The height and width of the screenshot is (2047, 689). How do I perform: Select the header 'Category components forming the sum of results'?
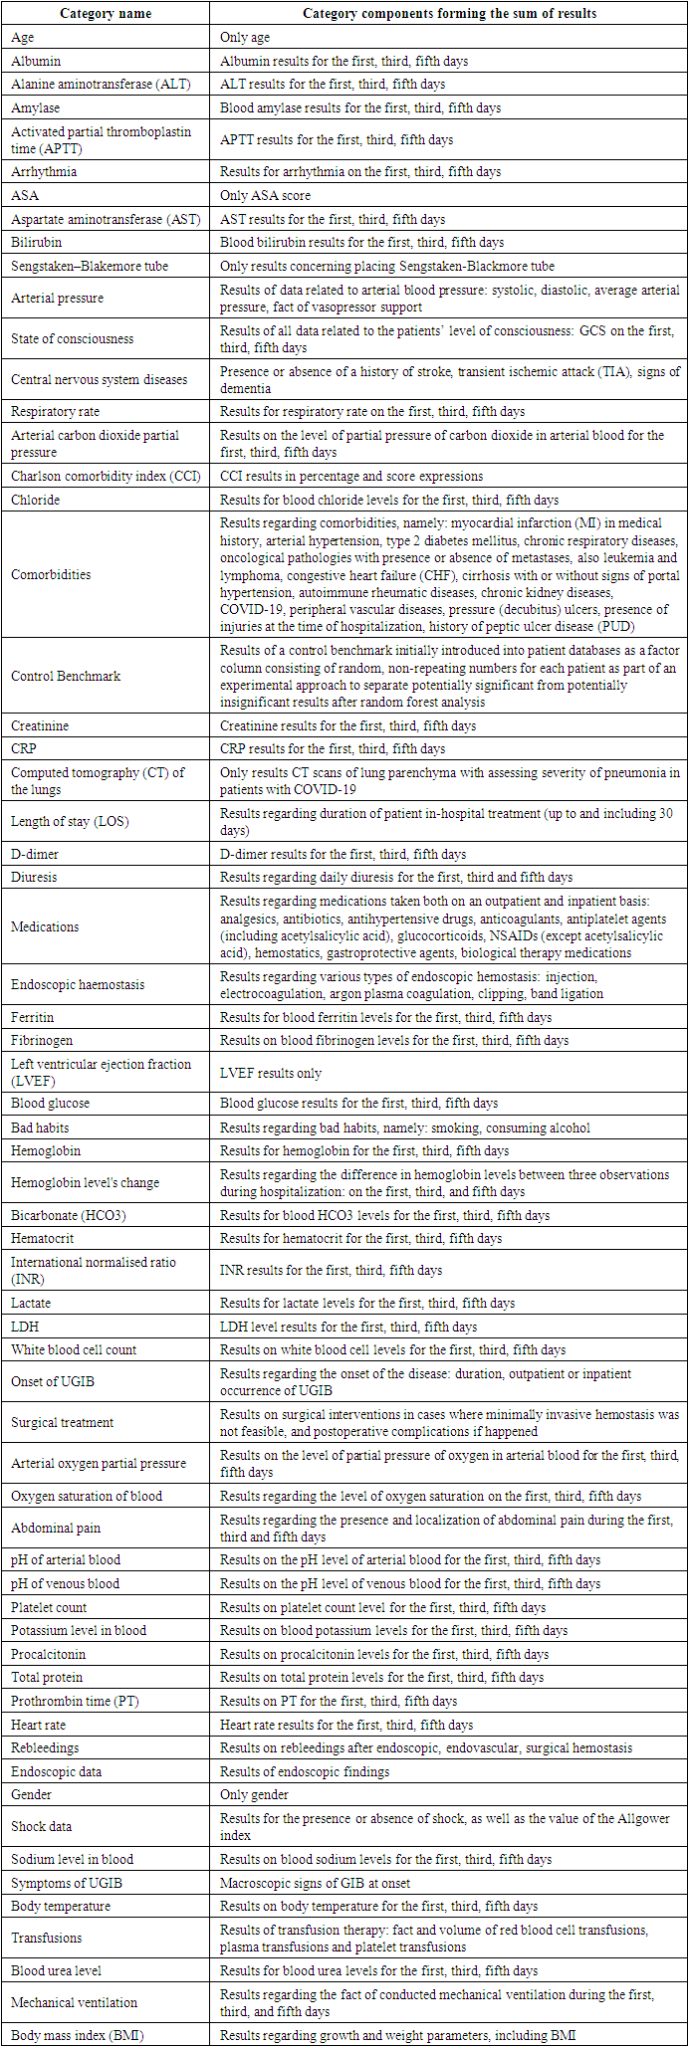tap(449, 13)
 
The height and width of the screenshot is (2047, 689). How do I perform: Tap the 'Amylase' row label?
tap(36, 107)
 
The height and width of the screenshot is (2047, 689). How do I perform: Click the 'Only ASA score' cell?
tap(265, 195)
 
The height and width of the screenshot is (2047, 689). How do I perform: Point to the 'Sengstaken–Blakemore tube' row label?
tap(90, 266)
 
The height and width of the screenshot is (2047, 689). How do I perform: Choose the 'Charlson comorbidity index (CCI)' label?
tap(106, 476)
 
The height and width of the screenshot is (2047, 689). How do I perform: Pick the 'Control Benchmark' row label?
tap(66, 676)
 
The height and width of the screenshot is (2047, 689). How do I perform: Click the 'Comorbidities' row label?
tap(51, 574)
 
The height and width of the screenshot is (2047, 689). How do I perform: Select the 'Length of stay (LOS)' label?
tap(70, 821)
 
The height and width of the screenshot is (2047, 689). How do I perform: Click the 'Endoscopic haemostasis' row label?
tap(78, 984)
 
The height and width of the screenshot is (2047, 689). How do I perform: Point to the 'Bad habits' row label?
tap(40, 1127)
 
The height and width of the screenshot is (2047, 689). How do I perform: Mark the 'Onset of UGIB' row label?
tap(53, 1381)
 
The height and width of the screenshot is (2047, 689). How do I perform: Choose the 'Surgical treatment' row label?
tap(63, 1422)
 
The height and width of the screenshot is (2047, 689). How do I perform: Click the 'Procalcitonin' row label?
tap(48, 1654)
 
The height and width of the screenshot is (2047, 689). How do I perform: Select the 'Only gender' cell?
tap(254, 1794)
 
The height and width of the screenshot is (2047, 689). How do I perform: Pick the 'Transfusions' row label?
tap(46, 1938)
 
